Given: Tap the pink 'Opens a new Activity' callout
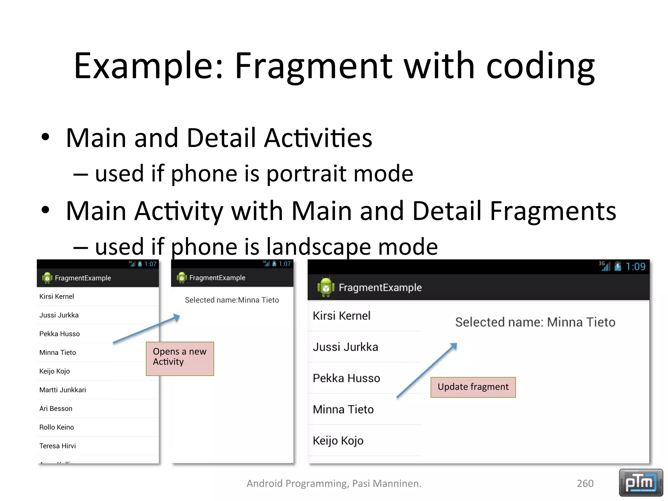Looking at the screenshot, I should tap(180, 358).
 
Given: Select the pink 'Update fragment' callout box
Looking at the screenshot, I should tap(473, 387).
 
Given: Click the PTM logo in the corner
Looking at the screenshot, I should tap(641, 482).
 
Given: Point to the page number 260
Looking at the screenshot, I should tap(585, 483).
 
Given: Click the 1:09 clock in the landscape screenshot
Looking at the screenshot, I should tap(635, 267).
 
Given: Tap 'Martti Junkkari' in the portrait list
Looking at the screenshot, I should tap(63, 390).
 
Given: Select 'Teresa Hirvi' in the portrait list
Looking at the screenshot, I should tap(57, 446).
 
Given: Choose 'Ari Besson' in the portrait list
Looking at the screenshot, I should tap(56, 408).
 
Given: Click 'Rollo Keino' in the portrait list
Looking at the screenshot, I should tap(56, 427).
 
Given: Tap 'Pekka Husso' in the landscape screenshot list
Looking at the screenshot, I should tap(346, 378).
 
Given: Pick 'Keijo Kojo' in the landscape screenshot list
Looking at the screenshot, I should tap(338, 441).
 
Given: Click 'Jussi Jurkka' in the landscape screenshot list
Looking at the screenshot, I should tap(345, 347).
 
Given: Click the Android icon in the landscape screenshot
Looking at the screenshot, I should tap(326, 287).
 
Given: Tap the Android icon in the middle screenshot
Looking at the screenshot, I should tap(182, 278).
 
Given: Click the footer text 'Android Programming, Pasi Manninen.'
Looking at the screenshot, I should tap(334, 483).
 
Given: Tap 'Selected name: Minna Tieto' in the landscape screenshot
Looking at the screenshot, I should tap(535, 322).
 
